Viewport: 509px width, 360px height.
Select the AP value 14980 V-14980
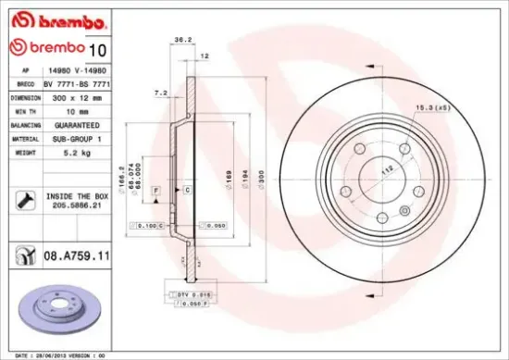pyautogui.click(x=72, y=69)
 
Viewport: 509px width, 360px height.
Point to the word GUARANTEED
pyautogui.click(x=68, y=123)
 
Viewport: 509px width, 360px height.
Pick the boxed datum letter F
pyautogui.click(x=157, y=189)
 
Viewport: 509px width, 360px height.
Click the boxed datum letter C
pyautogui.click(x=187, y=189)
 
